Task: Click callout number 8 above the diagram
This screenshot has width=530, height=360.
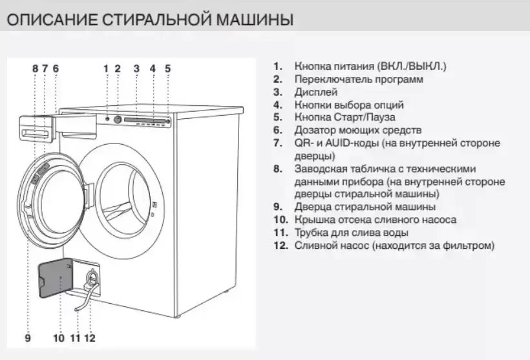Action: point(35,68)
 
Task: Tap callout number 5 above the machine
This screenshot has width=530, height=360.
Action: point(167,68)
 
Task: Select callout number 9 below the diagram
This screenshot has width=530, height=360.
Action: point(28,337)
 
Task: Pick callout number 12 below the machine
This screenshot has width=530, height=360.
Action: point(90,337)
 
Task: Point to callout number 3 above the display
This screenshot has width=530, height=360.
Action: point(136,68)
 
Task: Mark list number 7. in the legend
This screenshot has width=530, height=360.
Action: point(279,143)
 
